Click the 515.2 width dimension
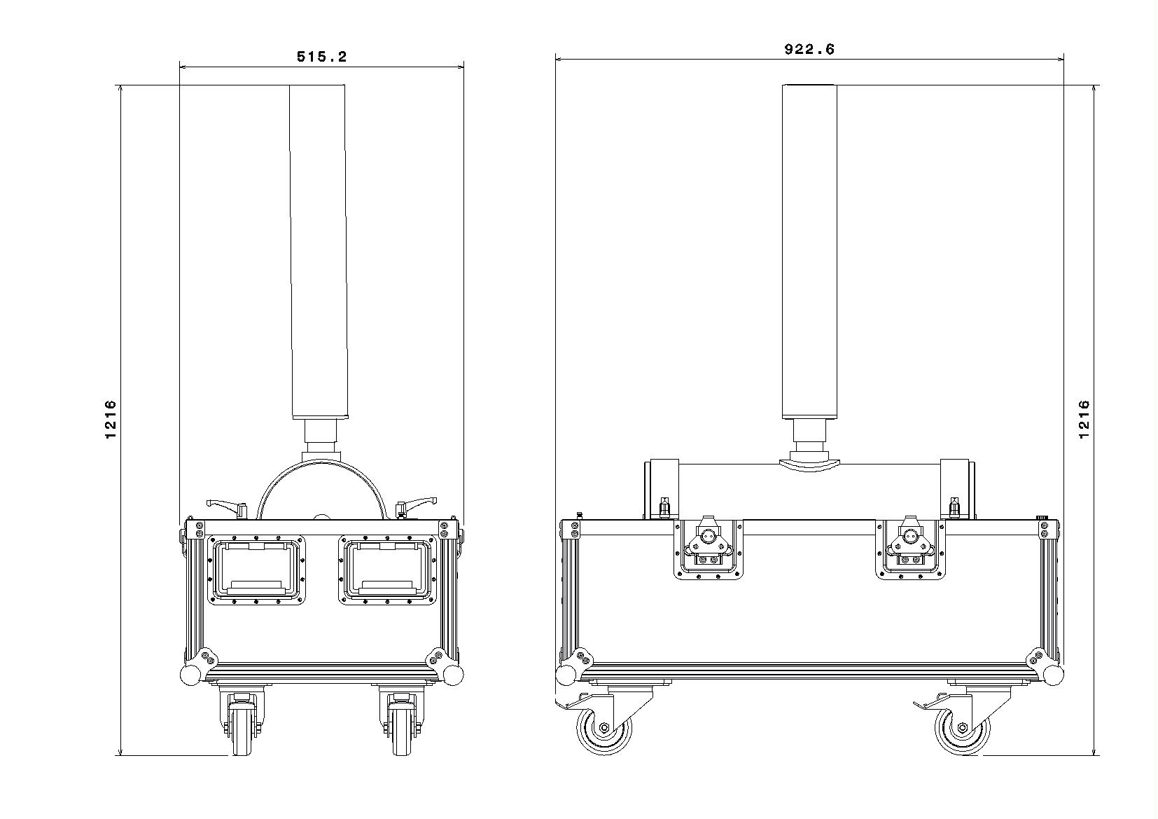click(x=321, y=57)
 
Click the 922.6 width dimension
click(x=809, y=49)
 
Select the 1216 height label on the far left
click(x=110, y=420)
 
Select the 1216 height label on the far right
click(x=1084, y=420)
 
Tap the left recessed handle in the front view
click(x=258, y=570)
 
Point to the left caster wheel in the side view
click(x=604, y=729)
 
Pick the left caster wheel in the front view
click(x=240, y=729)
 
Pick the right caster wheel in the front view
click(x=401, y=729)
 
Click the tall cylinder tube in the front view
click(x=318, y=252)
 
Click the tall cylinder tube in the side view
click(x=809, y=252)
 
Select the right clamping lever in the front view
click(x=417, y=504)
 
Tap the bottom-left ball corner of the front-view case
click(x=190, y=675)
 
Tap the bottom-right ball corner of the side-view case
click(x=1052, y=675)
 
